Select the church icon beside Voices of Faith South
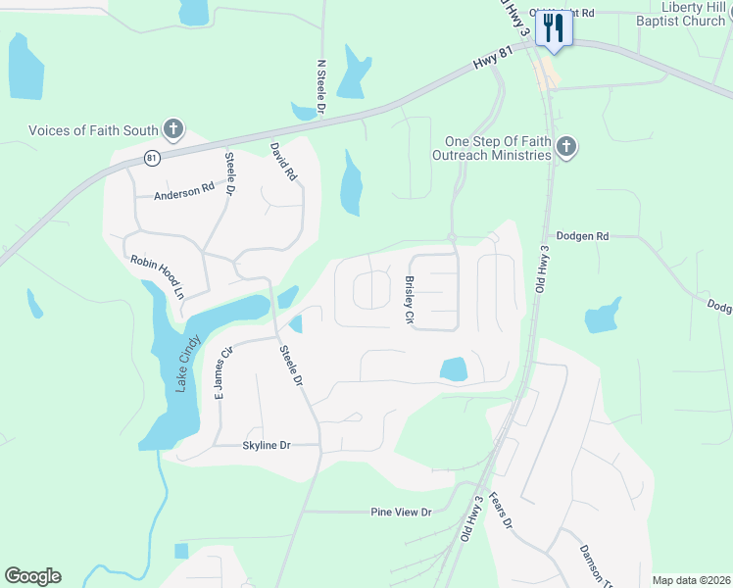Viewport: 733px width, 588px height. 172,129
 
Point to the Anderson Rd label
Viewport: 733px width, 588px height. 183,192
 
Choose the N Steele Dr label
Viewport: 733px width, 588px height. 320,86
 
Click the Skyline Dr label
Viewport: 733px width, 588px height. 267,446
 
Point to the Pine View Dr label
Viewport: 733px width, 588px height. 401,513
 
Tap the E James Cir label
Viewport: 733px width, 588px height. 223,372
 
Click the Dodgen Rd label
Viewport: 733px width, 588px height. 582,236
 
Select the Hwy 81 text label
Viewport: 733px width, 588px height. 493,59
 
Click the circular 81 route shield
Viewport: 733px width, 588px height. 151,157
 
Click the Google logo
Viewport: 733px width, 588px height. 32,576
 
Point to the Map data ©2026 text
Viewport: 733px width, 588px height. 691,580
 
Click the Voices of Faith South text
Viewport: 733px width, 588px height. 94,129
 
